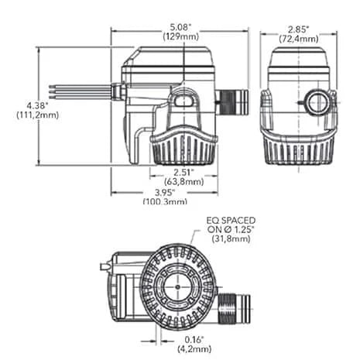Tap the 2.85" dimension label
pyautogui.click(x=298, y=26)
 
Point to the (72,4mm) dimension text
pyautogui.click(x=298, y=36)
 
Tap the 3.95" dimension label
pyautogui.click(x=165, y=192)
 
